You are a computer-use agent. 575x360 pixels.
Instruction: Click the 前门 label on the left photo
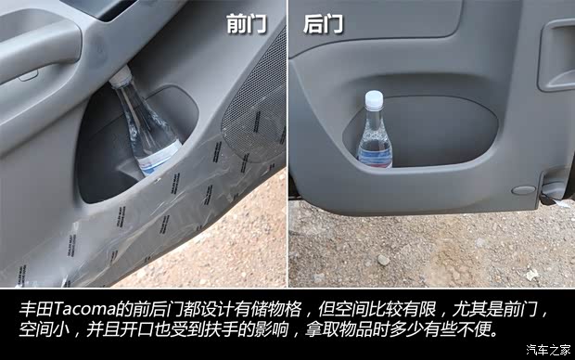tap(246, 23)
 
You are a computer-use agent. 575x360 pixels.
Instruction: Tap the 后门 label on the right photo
tap(323, 23)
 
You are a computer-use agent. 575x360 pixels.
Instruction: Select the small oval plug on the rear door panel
tap(524, 190)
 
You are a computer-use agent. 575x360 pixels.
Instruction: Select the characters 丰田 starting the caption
tap(30, 308)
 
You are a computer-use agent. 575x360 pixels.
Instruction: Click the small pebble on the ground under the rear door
tap(382, 260)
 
